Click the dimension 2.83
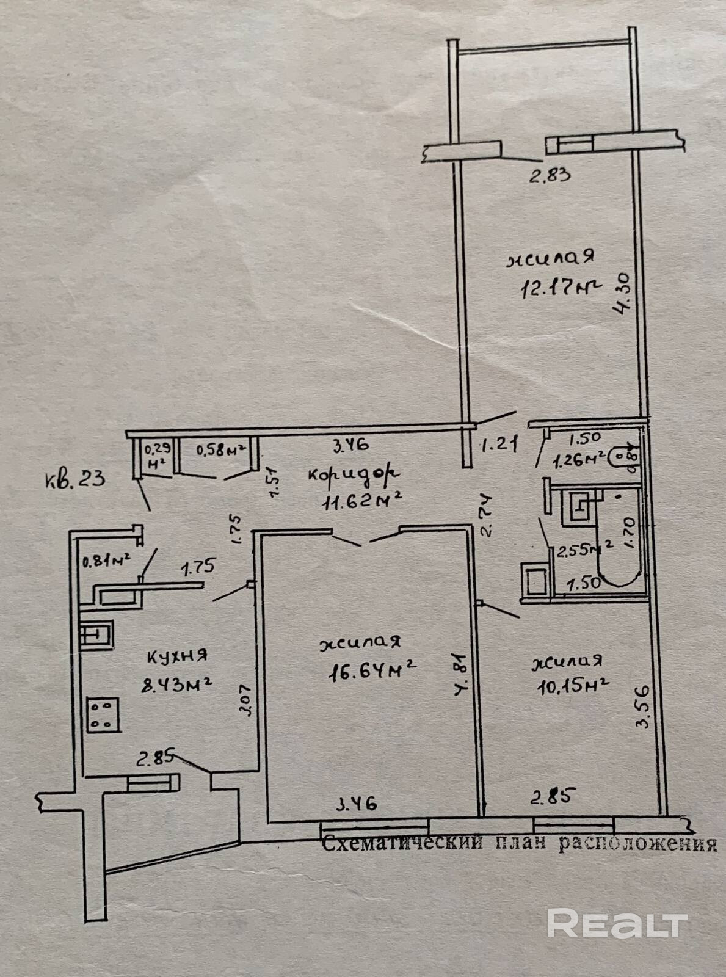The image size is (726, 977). pyautogui.click(x=550, y=176)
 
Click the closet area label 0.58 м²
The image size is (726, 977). pyautogui.click(x=220, y=450)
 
